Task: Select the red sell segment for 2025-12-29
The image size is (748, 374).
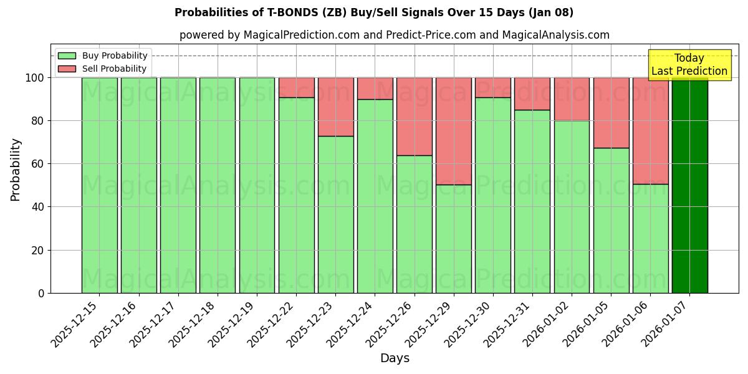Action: (453, 131)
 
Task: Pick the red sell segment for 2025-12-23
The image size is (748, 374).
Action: (335, 107)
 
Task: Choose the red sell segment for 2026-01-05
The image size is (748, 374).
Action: (611, 113)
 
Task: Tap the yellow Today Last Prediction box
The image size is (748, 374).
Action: (689, 65)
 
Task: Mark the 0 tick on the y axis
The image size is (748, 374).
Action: (41, 293)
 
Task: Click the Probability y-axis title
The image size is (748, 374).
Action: (16, 169)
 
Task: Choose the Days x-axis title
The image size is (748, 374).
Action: (395, 358)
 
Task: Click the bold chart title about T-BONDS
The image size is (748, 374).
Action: (374, 12)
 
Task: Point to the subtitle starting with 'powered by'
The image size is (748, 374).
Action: (395, 36)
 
